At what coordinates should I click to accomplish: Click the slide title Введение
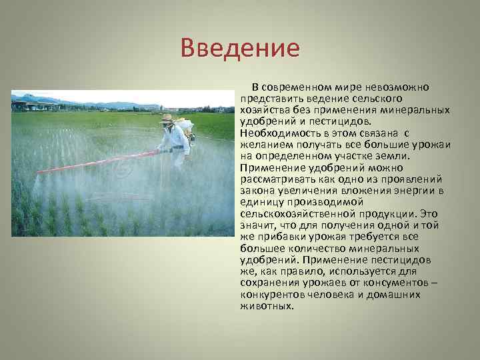[x=240, y=49]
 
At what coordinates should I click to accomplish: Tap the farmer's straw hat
[x=167, y=119]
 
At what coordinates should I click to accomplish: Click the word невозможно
[x=396, y=88]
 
